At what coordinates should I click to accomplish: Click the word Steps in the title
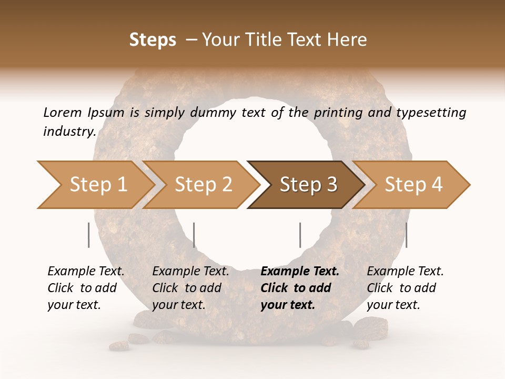click(x=153, y=40)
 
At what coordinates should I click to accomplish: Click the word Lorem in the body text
click(x=62, y=112)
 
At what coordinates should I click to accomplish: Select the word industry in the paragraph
click(x=69, y=131)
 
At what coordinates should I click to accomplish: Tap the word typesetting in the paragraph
click(x=431, y=112)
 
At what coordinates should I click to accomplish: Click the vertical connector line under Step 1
click(x=88, y=235)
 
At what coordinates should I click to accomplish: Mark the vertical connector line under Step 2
click(x=194, y=235)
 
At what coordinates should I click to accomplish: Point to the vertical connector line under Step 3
click(x=300, y=235)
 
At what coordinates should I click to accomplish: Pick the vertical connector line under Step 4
click(x=406, y=235)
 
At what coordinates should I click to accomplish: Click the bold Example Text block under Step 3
click(x=299, y=288)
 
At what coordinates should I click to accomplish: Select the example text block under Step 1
click(x=86, y=288)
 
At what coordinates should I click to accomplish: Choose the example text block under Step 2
click(x=190, y=288)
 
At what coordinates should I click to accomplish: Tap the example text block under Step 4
click(x=405, y=288)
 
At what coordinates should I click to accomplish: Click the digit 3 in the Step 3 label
click(x=331, y=185)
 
